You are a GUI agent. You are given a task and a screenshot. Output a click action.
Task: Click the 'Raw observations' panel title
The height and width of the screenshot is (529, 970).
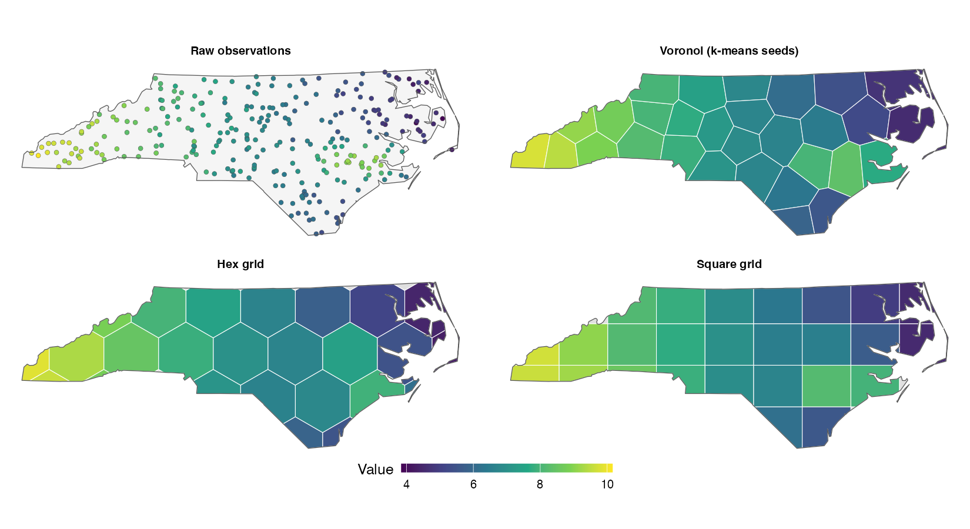coord(241,51)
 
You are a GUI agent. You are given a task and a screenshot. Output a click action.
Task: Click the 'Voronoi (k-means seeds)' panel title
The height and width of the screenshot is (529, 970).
coord(729,51)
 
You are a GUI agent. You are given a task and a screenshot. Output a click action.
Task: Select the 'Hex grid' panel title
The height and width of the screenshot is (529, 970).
coord(240,264)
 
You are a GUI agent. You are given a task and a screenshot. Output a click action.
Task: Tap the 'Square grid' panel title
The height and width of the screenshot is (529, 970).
coord(729,264)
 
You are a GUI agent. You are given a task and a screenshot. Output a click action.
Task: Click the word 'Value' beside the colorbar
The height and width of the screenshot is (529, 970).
coord(376,469)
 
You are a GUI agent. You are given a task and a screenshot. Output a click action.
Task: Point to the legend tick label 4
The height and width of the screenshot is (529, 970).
coord(406,484)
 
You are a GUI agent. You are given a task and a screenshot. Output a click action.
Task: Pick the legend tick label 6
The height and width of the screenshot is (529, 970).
coord(473,484)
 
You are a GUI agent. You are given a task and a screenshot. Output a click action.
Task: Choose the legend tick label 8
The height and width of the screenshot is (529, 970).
coord(540,484)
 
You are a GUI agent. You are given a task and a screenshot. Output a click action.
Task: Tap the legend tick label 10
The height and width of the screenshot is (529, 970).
coord(607,484)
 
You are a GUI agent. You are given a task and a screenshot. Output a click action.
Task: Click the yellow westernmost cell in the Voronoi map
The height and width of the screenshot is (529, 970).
coord(529,152)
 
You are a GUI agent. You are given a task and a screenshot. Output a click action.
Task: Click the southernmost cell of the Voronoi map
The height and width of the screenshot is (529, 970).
coord(793,222)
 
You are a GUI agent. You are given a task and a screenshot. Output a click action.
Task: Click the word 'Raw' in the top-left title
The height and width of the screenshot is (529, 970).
coord(203,51)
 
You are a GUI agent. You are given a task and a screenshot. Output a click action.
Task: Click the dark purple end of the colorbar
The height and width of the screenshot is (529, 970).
coord(404,468)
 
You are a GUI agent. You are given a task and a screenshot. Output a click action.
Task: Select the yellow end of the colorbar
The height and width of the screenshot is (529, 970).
coord(610,468)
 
